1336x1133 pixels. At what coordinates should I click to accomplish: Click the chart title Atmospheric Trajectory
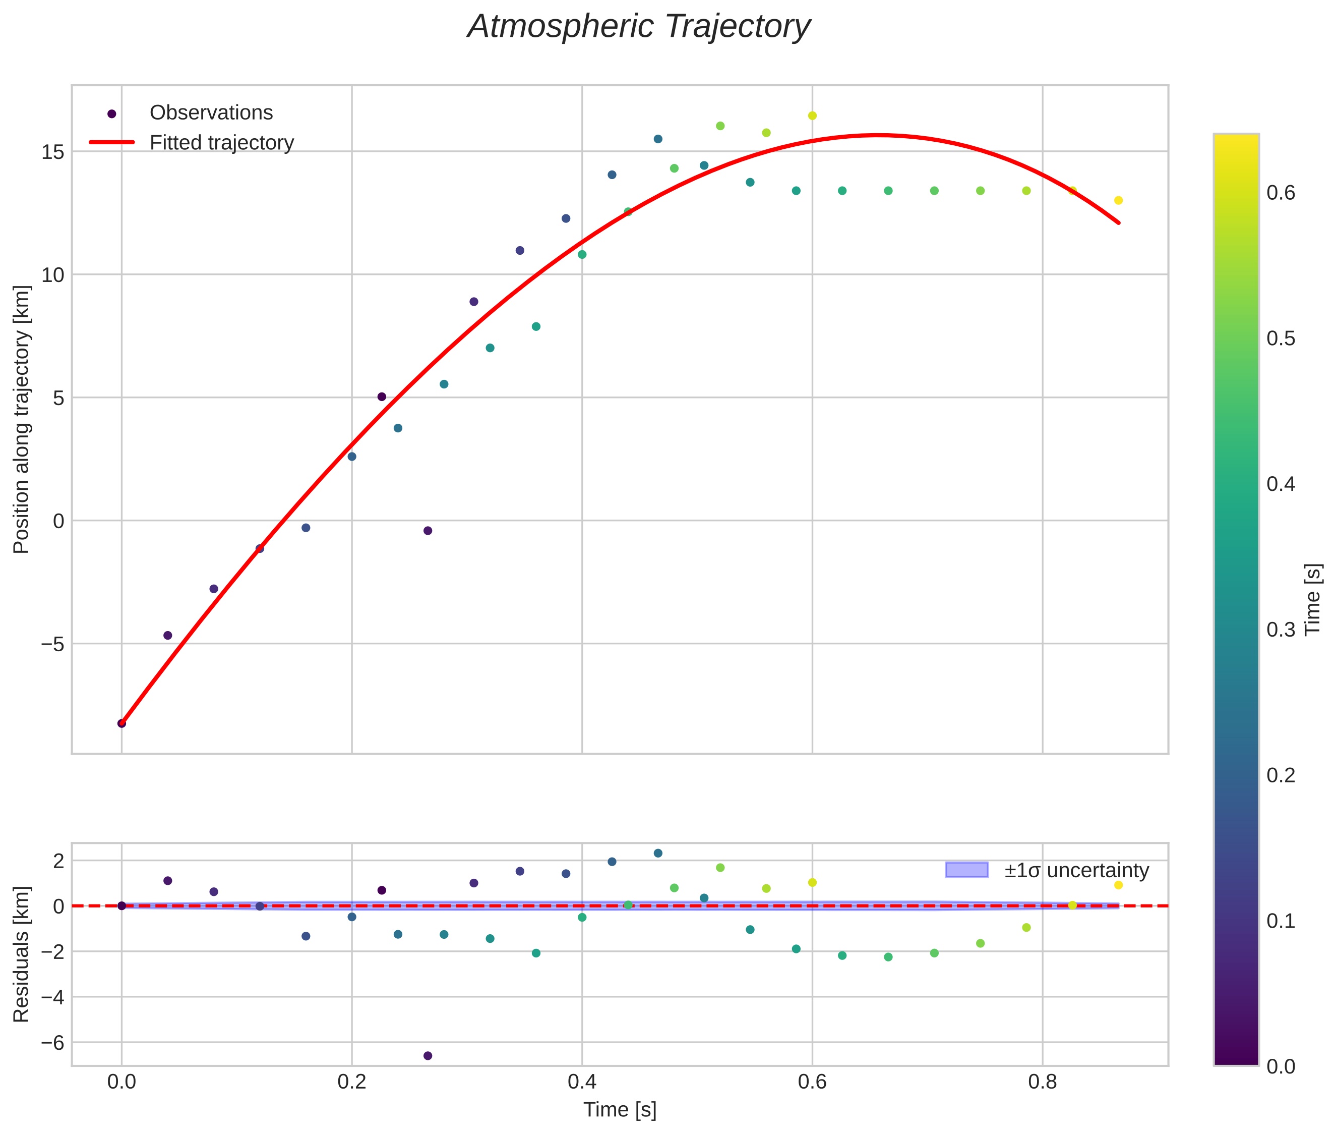tap(638, 27)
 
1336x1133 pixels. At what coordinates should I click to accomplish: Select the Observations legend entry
tap(211, 113)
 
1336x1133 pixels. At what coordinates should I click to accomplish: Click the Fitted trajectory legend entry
tap(221, 143)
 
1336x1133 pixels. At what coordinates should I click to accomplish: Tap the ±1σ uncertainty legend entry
tap(1076, 870)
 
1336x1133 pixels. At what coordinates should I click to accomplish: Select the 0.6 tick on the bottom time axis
tap(812, 1082)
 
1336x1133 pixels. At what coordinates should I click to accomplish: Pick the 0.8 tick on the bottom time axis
tap(1042, 1082)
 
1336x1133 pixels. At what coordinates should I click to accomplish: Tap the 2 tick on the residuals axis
tap(59, 861)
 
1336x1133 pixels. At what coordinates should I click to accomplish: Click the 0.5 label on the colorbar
tap(1281, 338)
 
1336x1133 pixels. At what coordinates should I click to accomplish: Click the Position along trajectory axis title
tap(22, 419)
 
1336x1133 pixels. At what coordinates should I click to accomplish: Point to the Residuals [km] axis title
tap(22, 954)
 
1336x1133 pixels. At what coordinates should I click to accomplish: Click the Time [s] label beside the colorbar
tap(1313, 599)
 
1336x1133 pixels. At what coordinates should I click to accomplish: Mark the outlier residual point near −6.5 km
tap(428, 1056)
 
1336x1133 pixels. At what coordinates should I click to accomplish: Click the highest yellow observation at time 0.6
tap(812, 116)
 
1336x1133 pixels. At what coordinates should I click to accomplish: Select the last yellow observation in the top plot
tap(1118, 200)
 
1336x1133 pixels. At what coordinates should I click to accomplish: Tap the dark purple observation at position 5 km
tap(381, 397)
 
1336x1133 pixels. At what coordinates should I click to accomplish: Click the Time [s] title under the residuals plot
tap(620, 1110)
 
